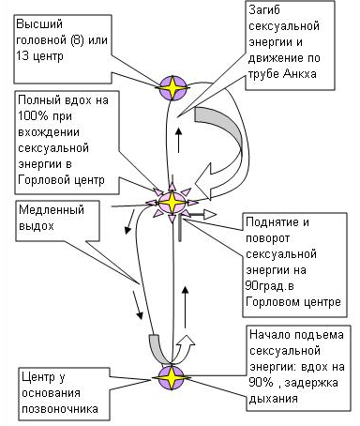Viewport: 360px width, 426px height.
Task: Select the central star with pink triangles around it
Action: tap(172, 202)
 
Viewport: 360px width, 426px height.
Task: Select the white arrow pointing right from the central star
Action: tap(204, 215)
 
